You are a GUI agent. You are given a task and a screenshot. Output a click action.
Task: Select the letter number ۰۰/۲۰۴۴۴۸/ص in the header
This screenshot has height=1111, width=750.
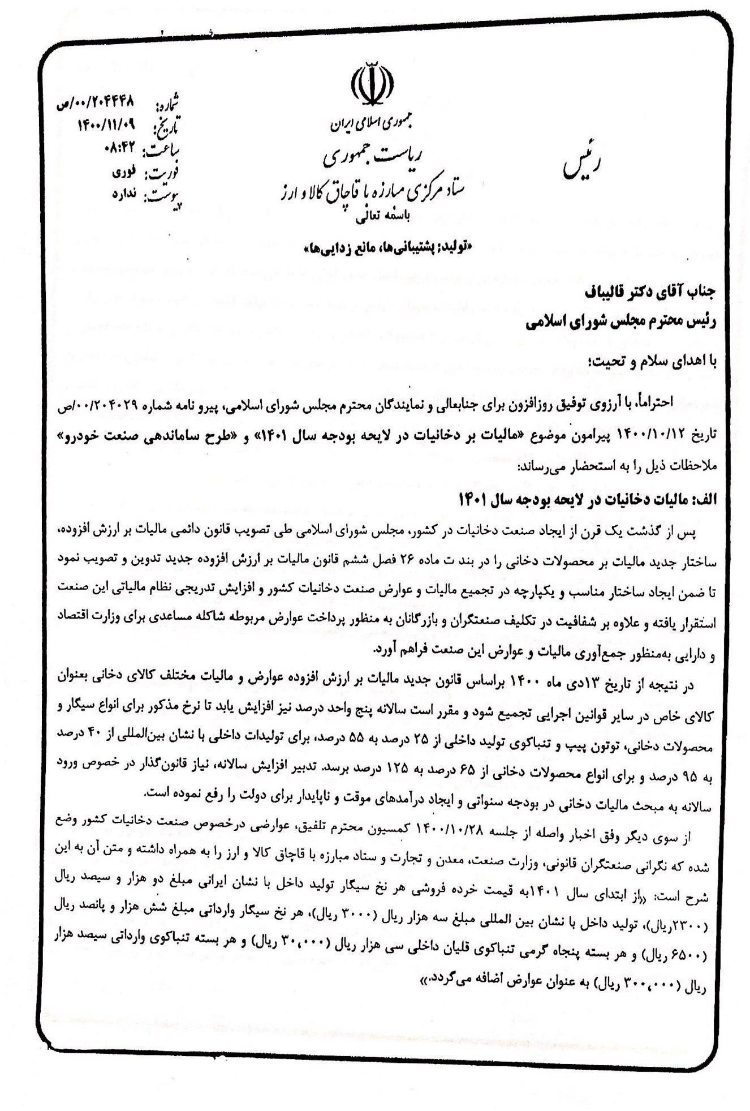96,103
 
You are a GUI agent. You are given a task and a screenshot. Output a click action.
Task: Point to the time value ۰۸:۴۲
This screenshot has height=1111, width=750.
121,148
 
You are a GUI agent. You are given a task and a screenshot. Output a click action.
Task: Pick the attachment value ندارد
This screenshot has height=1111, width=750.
124,193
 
